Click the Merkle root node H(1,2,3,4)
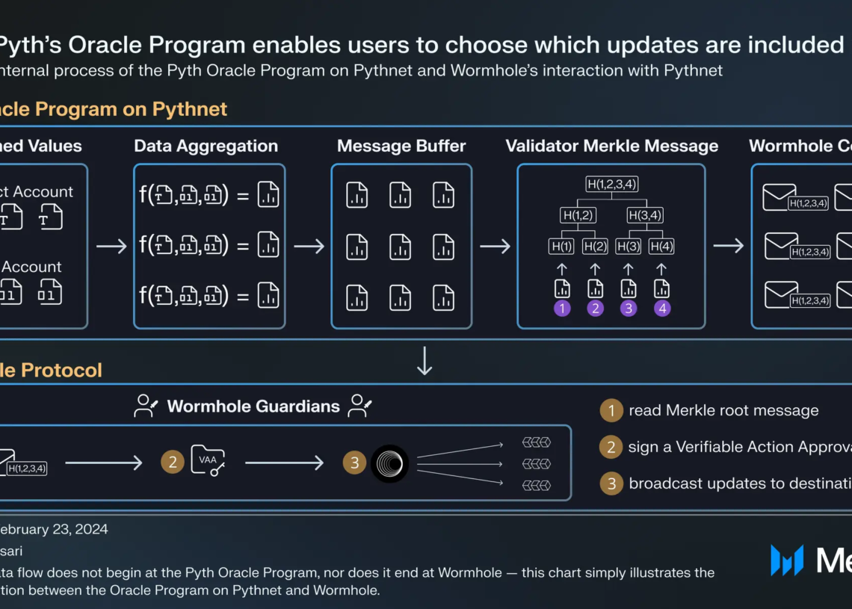click(611, 185)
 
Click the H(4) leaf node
click(661, 246)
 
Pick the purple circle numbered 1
click(562, 308)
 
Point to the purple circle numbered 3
click(629, 308)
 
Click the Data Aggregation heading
click(206, 146)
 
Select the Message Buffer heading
click(401, 146)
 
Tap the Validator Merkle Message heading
click(611, 146)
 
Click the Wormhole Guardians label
click(253, 406)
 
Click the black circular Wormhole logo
click(389, 463)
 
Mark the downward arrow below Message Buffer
click(425, 361)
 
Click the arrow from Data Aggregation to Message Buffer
click(309, 246)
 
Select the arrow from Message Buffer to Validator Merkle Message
click(495, 246)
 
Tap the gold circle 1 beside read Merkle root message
click(611, 410)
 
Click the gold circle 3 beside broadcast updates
click(611, 483)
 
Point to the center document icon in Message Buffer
click(401, 247)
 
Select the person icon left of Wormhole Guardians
click(146, 406)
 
